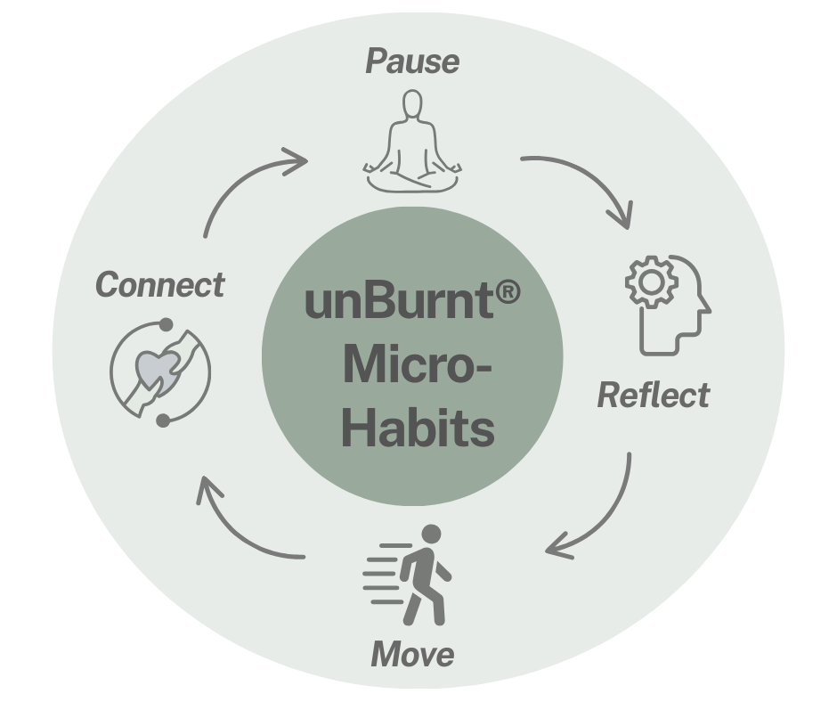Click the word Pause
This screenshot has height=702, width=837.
tap(412, 62)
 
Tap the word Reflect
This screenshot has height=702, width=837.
tap(654, 395)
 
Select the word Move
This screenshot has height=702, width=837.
tap(412, 655)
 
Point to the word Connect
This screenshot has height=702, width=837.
tap(159, 286)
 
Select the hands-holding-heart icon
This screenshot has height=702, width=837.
tap(161, 371)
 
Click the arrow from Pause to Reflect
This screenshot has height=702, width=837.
tap(587, 183)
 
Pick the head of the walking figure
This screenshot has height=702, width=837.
tap(431, 535)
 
